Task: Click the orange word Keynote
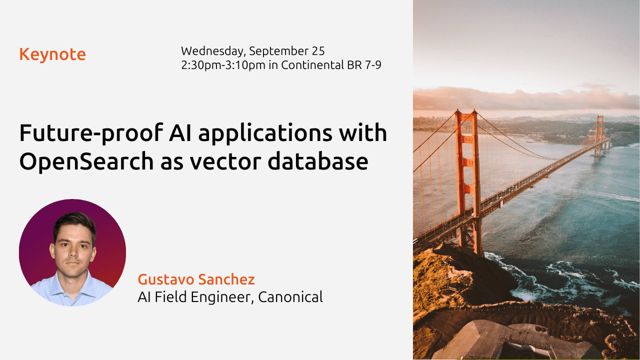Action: click(52, 54)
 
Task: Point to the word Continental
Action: click(312, 65)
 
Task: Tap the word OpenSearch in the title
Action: click(86, 162)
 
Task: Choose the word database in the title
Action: click(318, 161)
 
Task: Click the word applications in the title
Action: click(265, 133)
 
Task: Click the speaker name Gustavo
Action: click(164, 279)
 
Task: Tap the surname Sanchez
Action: click(226, 279)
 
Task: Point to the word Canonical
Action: click(290, 297)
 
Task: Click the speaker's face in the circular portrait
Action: click(73, 248)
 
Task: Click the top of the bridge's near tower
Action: click(465, 112)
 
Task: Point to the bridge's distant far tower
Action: click(599, 135)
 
